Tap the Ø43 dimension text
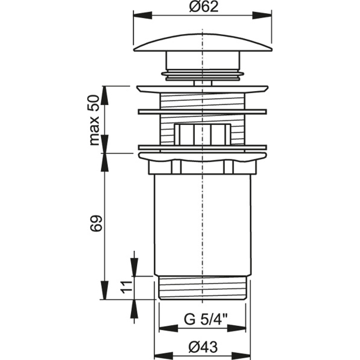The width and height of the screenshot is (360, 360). (203, 347)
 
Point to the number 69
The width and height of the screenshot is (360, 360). (95, 224)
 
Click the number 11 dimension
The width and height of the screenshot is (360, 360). (126, 287)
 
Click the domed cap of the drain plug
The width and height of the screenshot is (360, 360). (203, 42)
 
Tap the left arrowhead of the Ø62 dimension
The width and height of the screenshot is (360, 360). (143, 16)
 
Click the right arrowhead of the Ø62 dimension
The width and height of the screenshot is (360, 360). (262, 16)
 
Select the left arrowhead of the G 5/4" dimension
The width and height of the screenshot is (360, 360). (168, 328)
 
